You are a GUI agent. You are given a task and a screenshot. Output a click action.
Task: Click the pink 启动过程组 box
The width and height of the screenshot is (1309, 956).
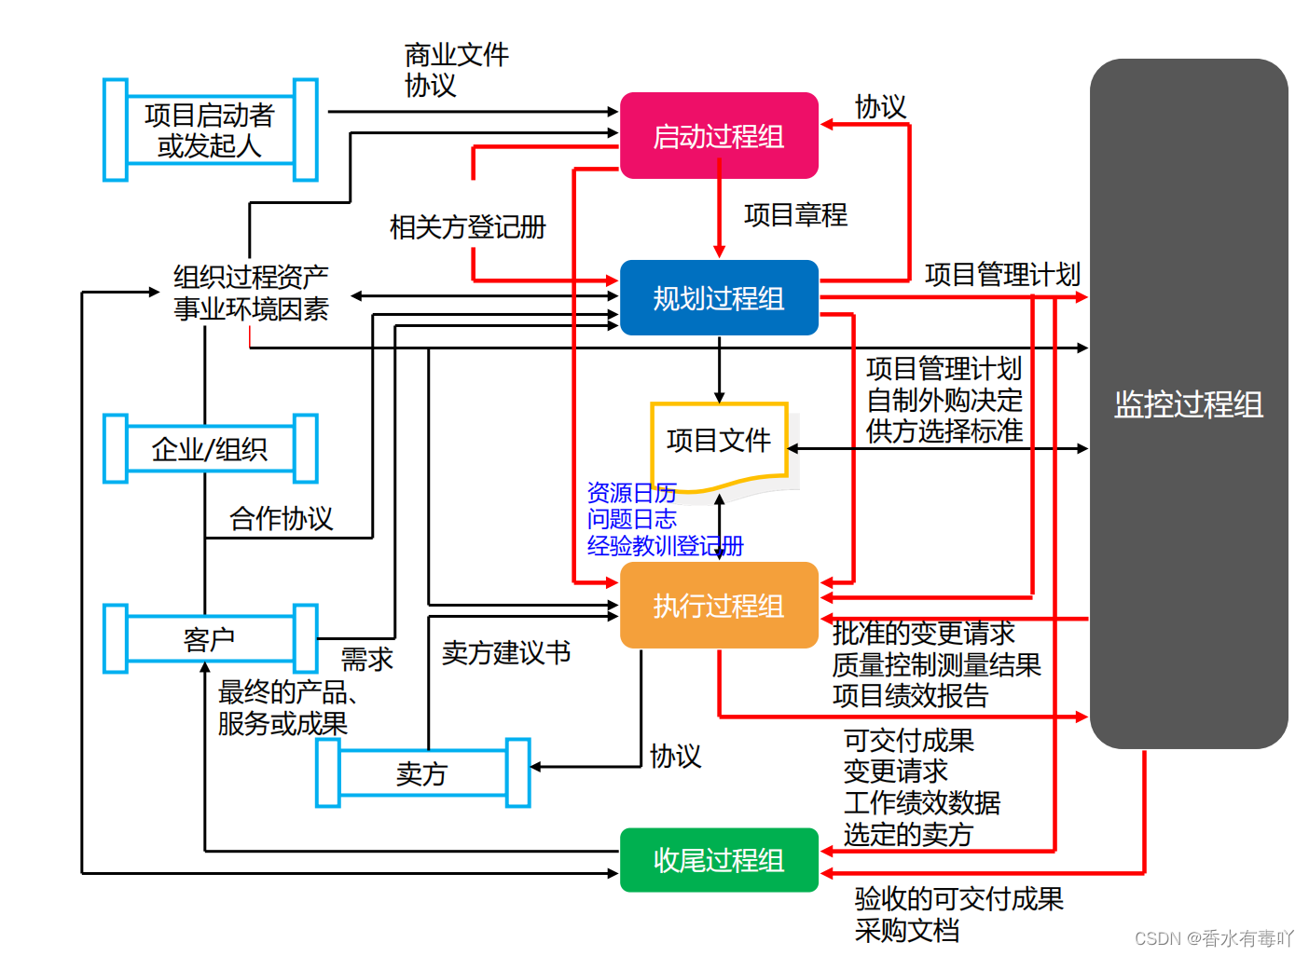click(x=719, y=136)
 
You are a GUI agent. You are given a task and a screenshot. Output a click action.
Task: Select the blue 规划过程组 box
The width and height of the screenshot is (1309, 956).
click(x=719, y=298)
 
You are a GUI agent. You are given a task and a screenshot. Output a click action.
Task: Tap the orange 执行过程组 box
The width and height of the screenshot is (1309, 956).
click(x=719, y=606)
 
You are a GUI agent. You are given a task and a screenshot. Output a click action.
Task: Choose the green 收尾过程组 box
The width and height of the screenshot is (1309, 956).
click(x=719, y=860)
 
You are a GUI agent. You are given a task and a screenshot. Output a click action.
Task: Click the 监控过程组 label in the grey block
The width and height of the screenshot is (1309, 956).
click(x=1189, y=404)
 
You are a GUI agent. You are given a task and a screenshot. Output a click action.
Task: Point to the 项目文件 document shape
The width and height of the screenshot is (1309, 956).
click(x=719, y=441)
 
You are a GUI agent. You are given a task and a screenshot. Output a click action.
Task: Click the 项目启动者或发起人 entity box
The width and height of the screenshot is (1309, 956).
click(x=210, y=130)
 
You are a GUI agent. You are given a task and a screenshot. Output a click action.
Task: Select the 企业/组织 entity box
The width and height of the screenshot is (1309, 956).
click(x=210, y=449)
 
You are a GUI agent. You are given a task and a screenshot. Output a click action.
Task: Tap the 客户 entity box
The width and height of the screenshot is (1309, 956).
click(x=210, y=639)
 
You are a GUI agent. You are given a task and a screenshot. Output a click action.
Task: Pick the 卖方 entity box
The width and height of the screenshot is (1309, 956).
click(x=422, y=773)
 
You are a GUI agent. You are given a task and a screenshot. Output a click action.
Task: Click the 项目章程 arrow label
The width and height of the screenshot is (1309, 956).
click(x=795, y=215)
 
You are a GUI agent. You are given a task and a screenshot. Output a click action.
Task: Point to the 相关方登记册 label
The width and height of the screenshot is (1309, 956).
click(x=467, y=227)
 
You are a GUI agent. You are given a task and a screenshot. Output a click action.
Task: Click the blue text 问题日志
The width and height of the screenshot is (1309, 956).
click(x=631, y=519)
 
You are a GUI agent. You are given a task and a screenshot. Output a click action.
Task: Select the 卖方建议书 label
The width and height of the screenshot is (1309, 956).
click(x=506, y=652)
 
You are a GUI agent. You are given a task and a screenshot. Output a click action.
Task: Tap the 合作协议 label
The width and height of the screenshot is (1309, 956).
click(x=281, y=518)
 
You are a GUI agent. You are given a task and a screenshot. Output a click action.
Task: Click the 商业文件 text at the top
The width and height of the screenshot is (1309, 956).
click(x=457, y=55)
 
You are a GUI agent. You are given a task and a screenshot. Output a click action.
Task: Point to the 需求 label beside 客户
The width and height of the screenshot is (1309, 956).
click(x=366, y=660)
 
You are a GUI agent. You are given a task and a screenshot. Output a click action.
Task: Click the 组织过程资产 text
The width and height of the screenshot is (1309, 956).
click(x=251, y=277)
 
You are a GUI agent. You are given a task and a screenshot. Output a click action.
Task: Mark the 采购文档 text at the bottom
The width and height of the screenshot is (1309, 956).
click(x=906, y=930)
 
